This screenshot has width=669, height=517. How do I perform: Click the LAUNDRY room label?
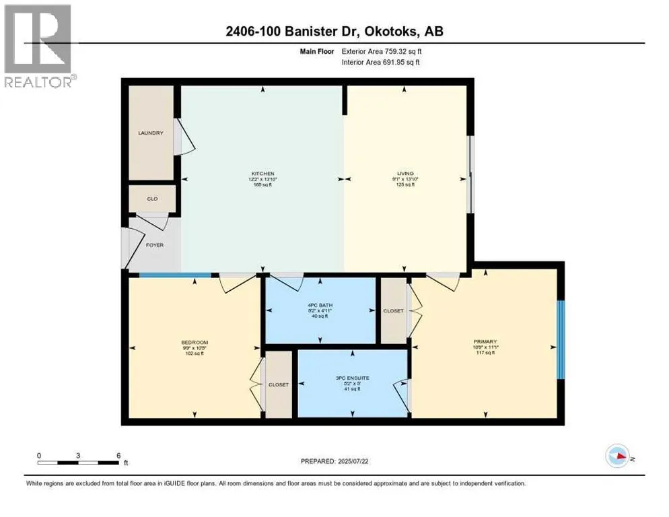[151, 133]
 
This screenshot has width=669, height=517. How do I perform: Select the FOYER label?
[154, 245]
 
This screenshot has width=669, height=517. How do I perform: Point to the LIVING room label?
[404, 174]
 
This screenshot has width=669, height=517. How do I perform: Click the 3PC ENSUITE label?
[353, 378]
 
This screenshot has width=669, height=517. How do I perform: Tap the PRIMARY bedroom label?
[485, 342]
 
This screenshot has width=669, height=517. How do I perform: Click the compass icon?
[617, 456]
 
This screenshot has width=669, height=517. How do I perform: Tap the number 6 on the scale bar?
[118, 455]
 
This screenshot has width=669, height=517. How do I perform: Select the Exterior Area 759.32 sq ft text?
[392, 50]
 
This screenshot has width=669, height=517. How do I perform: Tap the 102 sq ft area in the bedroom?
[194, 353]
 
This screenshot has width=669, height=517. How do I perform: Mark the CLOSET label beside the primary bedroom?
[394, 311]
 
